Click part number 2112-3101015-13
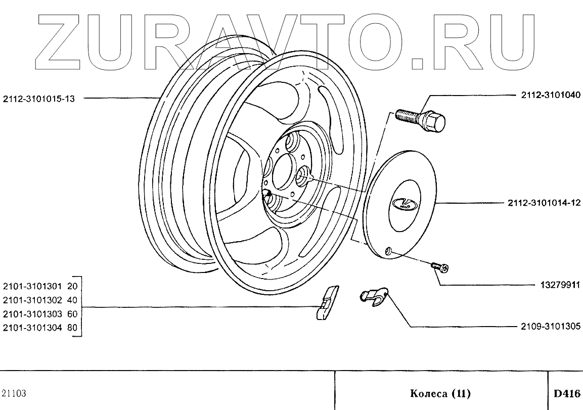38,99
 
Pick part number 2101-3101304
32,327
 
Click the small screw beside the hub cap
440,267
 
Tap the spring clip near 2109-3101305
374,297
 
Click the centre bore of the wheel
283,172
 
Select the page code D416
566,393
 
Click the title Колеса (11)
440,393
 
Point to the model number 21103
14,393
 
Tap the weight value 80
72,327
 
